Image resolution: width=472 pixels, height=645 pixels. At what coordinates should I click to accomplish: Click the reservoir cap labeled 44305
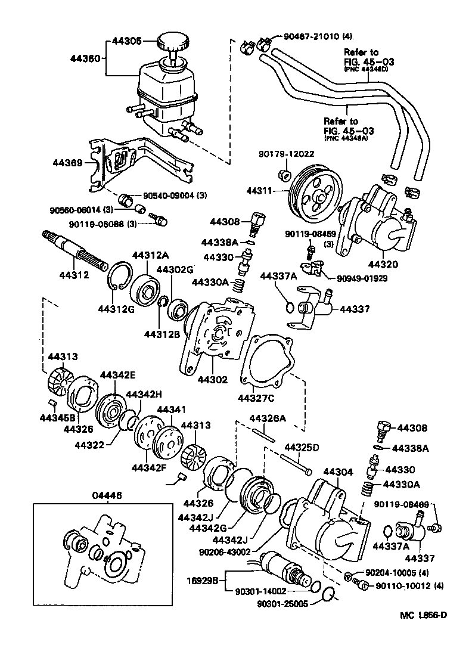point(173,43)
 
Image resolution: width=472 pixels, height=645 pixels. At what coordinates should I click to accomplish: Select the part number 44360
point(86,59)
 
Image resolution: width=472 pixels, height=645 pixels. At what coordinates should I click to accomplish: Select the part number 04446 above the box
point(107,494)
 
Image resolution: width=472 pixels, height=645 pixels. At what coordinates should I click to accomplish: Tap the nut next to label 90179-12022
point(285,175)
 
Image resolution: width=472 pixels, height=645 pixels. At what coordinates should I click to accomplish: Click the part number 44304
point(337,472)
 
